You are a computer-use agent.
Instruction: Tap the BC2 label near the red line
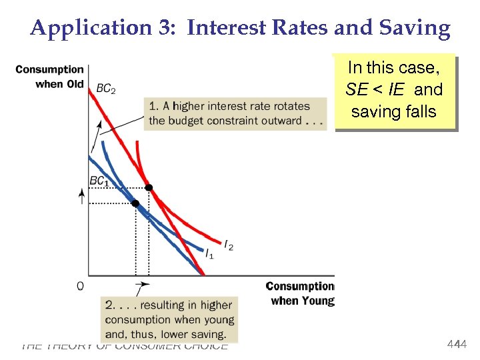click(106, 89)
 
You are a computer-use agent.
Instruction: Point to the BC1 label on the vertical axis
click(99, 181)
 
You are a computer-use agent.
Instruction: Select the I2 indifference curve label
click(229, 247)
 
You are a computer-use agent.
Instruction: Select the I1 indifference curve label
click(209, 254)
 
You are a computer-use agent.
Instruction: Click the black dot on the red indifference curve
click(149, 187)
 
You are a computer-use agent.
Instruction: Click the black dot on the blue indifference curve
click(135, 203)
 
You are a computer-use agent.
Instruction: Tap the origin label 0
click(81, 286)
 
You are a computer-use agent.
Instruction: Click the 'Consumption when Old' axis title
click(50, 76)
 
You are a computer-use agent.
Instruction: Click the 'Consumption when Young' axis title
click(300, 293)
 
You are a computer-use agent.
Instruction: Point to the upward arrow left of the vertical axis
click(83, 195)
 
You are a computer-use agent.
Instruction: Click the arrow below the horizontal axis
click(141, 289)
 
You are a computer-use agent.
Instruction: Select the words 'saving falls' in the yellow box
click(393, 111)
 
